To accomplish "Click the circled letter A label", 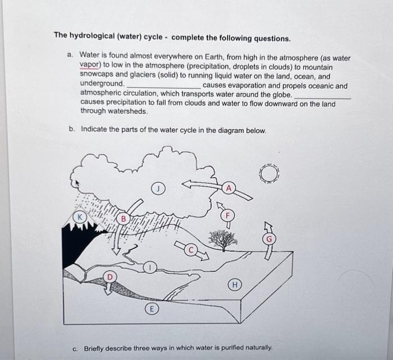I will point(228,187).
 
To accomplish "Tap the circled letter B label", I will point(120,219).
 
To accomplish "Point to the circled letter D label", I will point(111,276).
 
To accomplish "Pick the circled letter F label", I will point(227,214).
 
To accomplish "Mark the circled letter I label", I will point(149,267).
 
